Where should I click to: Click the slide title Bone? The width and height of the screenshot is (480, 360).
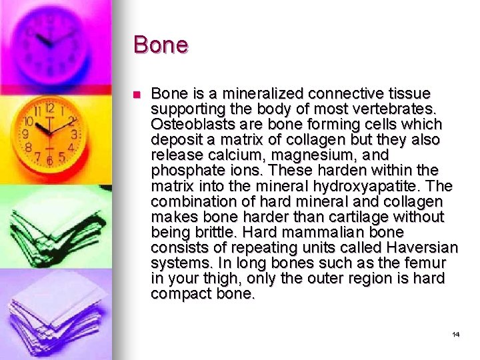pyautogui.click(x=161, y=45)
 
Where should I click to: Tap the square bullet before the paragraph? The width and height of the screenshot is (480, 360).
pyautogui.click(x=137, y=95)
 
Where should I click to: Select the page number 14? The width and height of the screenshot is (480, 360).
pyautogui.click(x=456, y=334)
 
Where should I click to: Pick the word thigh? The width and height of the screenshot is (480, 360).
pyautogui.click(x=225, y=278)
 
